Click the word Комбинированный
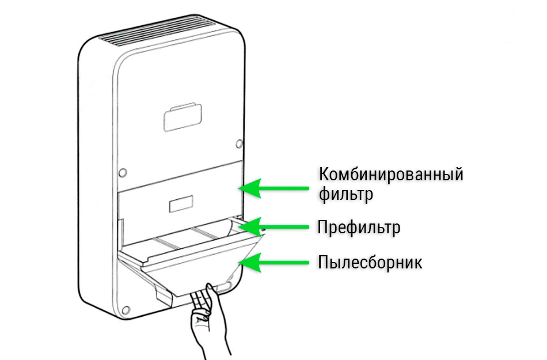click(391, 174)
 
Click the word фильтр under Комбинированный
click(346, 195)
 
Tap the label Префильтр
click(359, 228)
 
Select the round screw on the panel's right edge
click(239, 143)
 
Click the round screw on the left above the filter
click(121, 172)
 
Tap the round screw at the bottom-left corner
click(124, 308)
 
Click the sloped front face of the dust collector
click(196, 271)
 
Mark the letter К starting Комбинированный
click(324, 174)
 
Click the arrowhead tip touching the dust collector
click(241, 263)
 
